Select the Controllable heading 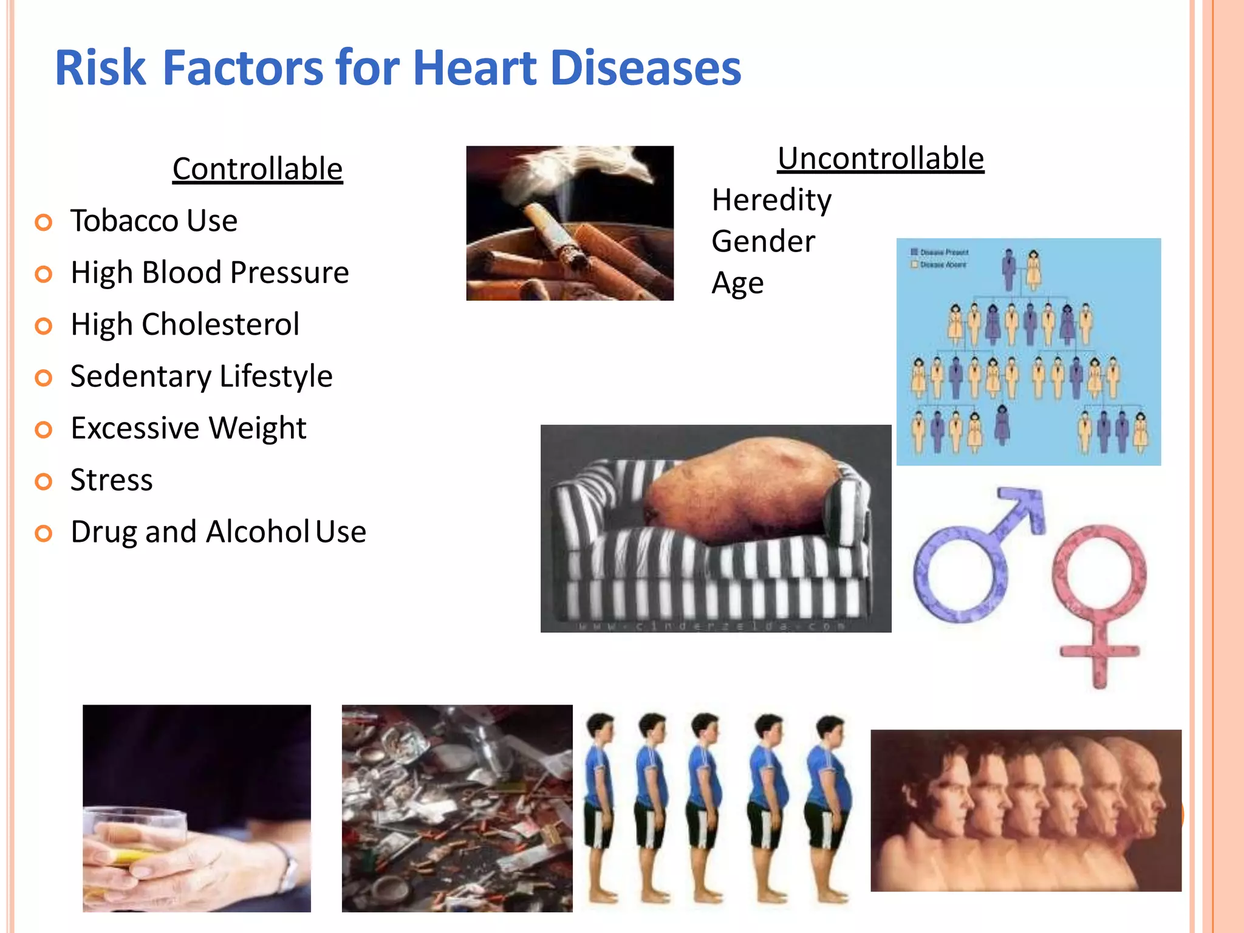258,169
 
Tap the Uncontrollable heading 881,159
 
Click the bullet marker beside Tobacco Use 44,222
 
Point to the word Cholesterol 220,324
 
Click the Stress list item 112,480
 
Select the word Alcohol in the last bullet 258,532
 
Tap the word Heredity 771,200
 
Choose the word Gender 763,242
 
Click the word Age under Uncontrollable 737,284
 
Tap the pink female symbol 1099,601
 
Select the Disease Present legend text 944,252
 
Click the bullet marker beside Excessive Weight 44,430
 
